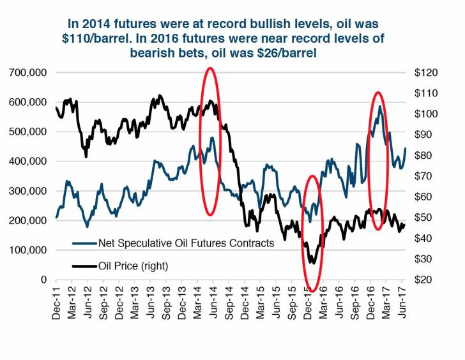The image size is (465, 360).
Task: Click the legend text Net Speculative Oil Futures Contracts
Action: pyautogui.click(x=187, y=243)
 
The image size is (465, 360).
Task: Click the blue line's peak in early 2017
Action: pyautogui.click(x=380, y=107)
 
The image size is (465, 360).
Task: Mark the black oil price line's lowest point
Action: pyautogui.click(x=312, y=262)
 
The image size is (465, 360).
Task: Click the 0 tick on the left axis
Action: pyautogui.click(x=43, y=280)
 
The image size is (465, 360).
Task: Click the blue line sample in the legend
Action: pyautogui.click(x=84, y=243)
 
